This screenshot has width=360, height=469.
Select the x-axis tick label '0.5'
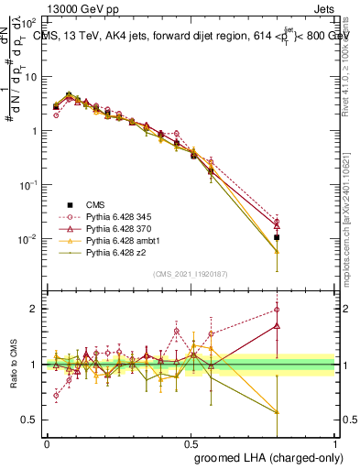[x=191, y=442]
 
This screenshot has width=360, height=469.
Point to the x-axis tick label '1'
[x=335, y=442]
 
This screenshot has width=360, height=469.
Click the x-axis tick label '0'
[x=47, y=442]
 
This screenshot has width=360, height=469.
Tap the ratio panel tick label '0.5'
[x=27, y=420]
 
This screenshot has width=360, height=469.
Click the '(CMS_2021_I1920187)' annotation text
[x=190, y=274]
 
